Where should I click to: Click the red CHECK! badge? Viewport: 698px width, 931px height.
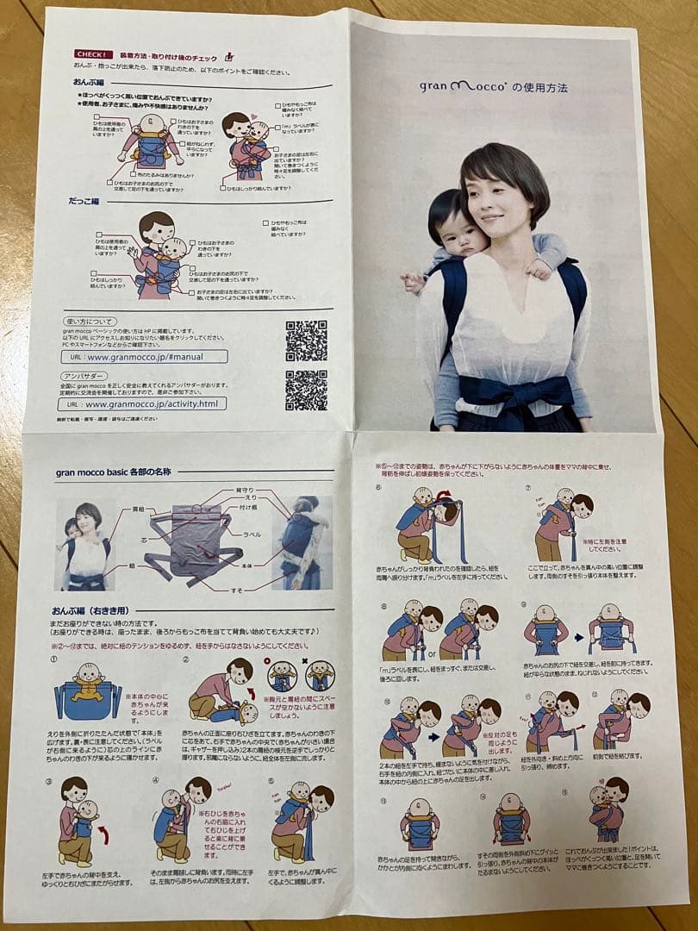click(93, 54)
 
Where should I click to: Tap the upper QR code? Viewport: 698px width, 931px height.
click(306, 341)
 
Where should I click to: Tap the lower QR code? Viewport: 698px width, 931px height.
click(306, 391)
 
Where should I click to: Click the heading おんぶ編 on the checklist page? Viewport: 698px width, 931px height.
click(89, 82)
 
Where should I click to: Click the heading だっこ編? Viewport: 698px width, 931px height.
click(87, 200)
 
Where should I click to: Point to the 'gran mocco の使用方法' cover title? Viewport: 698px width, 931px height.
click(493, 87)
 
